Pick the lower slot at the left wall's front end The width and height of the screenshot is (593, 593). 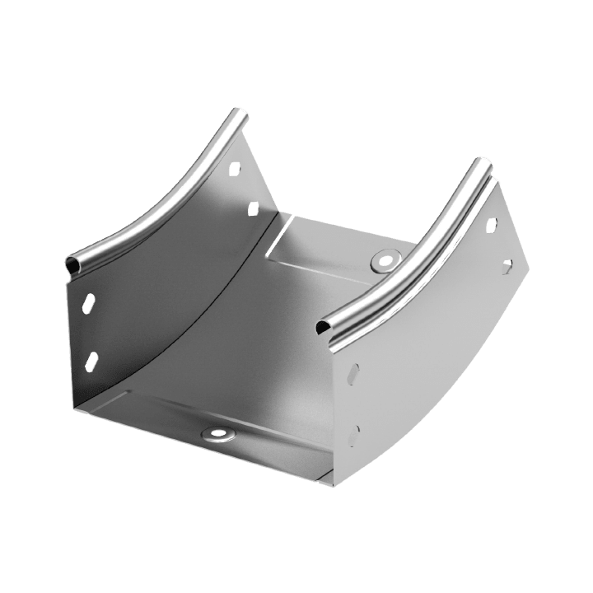(91, 360)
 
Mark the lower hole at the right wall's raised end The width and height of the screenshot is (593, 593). (507, 264)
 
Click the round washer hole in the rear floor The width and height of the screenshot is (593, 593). (383, 261)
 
